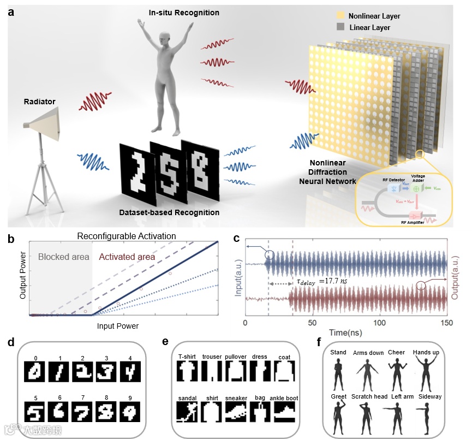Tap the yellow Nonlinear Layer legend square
[x=339, y=17]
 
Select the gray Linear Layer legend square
[x=339, y=27]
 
